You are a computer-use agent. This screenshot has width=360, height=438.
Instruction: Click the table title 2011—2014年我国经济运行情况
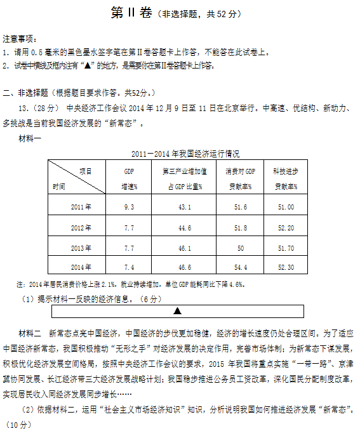(185, 154)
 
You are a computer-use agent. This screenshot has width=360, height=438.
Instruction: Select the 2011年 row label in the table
(81, 207)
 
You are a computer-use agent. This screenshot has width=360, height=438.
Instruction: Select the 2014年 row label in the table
(81, 267)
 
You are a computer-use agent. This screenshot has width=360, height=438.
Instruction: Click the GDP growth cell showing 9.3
(129, 207)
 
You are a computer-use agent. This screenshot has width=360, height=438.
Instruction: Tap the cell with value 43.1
(185, 207)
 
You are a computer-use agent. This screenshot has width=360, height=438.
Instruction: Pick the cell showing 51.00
(286, 207)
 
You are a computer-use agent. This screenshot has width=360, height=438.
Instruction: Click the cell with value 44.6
(185, 227)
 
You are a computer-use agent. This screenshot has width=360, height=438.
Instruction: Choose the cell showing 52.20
(286, 227)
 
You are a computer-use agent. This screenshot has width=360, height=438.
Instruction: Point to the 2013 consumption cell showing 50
(240, 247)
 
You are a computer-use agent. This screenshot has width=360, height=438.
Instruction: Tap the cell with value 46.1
(185, 247)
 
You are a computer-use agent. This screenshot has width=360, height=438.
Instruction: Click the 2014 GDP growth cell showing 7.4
(129, 267)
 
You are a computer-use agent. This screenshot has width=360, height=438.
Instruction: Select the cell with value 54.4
(240, 267)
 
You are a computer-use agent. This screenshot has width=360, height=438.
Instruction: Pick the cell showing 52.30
(286, 267)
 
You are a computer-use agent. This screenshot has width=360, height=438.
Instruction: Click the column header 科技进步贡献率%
(286, 179)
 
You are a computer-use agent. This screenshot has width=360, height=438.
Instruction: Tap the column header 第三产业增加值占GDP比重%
(185, 179)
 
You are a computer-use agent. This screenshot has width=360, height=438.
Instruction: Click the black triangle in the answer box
(177, 311)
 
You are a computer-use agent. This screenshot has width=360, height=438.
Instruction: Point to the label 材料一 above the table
(31, 139)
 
